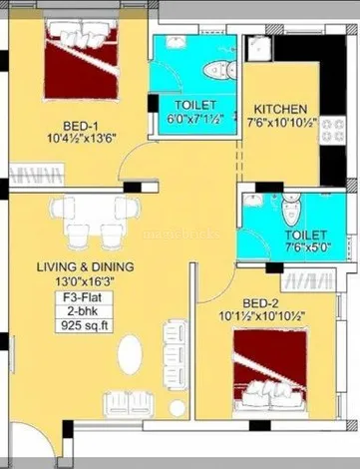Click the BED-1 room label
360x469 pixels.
81,127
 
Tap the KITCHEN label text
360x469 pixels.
280,109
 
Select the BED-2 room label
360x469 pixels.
260,303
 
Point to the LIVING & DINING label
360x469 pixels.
86,266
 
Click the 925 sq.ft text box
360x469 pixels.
84,325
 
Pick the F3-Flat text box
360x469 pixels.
84,297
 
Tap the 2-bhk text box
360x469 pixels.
84,311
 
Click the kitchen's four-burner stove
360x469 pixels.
333,130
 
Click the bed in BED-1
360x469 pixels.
81,59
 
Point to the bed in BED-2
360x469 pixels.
269,370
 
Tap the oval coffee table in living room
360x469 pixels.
130,354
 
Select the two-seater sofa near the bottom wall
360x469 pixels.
129,404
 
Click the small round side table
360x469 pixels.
178,408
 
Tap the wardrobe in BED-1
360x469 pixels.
37,174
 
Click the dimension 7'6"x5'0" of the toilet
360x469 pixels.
305,247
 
